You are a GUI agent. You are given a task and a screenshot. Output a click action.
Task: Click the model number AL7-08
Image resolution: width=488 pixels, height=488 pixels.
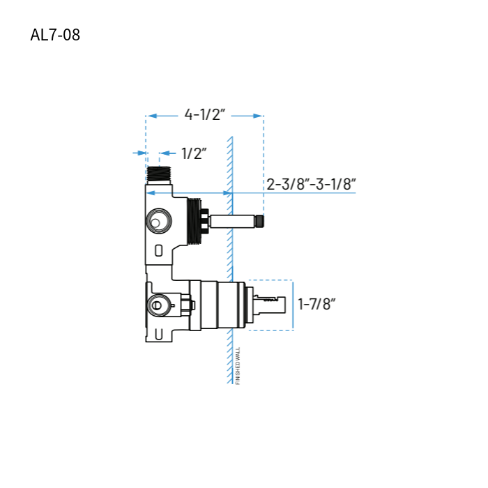tap(55, 34)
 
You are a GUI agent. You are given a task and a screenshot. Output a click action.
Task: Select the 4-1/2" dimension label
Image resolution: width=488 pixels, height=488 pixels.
tap(205, 115)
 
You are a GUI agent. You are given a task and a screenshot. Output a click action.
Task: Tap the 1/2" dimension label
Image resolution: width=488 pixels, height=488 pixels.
tap(195, 153)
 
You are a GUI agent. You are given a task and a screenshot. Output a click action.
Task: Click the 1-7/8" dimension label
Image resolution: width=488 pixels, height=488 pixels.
tap(317, 304)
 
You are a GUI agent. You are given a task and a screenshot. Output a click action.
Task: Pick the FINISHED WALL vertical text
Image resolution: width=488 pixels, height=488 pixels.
tap(238, 366)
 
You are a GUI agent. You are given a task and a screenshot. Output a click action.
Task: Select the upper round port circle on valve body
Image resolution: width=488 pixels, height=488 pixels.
tap(158, 223)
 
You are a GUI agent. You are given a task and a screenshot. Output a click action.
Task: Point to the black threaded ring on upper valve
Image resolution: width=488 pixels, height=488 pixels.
tap(194, 222)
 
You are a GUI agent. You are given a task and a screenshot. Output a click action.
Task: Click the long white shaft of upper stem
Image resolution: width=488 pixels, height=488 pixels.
tap(232, 222)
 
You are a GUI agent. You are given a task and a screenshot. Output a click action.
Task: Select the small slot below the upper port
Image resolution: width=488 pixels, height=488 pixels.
tap(158, 250)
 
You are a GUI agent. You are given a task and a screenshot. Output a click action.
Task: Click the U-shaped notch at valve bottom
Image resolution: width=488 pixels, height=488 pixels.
tap(158, 334)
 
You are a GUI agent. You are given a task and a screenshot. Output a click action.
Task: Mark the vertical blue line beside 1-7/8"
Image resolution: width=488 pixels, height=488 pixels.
tap(293, 305)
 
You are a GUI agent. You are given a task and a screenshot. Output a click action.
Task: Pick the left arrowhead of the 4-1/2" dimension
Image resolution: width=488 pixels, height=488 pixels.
tap(151, 116)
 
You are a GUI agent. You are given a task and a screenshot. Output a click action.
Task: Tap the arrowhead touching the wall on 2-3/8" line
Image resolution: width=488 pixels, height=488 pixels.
tap(226, 193)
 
